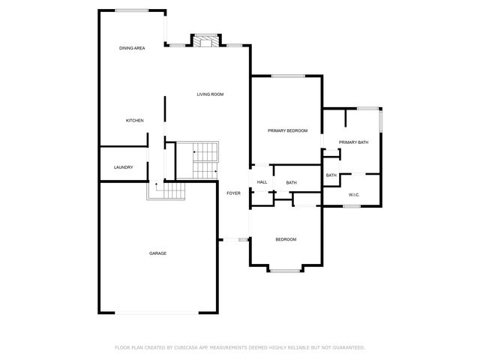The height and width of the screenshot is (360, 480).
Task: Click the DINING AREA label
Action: coord(132,48)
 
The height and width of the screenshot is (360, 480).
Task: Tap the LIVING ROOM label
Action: coord(210,94)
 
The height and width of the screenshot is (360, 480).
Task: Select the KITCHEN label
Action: coord(134,121)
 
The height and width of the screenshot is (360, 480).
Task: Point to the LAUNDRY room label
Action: coord(123,167)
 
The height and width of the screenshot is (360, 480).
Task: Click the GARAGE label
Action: coord(157,253)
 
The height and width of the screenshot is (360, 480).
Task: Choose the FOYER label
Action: coord(234,193)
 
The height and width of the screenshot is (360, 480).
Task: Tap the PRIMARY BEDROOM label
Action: coord(288,131)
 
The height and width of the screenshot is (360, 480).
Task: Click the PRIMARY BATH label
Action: coord(353,142)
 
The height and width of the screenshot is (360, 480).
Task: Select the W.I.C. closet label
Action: coord(355,195)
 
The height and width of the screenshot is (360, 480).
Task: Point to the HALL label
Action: coord(262,182)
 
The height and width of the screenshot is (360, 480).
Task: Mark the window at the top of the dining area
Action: coord(131,10)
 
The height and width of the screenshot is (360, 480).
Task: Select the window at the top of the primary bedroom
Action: coord(288,76)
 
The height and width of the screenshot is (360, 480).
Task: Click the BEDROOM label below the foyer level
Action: coord(286,239)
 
